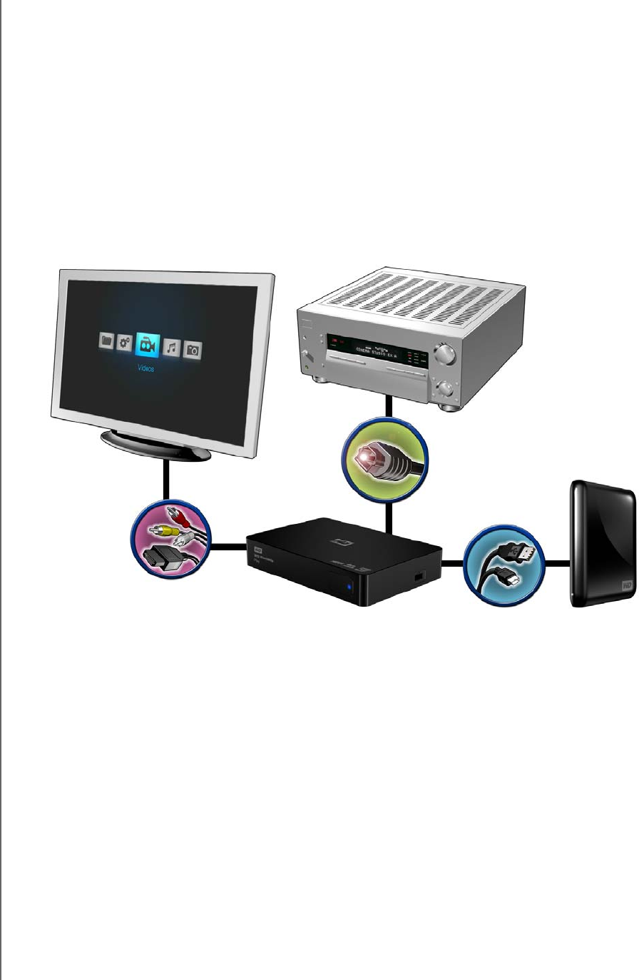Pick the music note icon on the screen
coord(171,348)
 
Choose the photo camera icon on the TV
coord(193,350)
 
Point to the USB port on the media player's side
coord(419,575)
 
